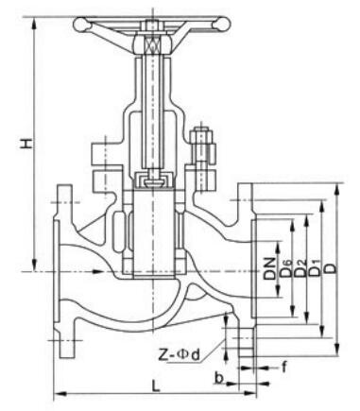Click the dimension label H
[26, 144]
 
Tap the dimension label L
[156, 385]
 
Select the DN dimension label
[269, 268]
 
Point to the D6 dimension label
[286, 268]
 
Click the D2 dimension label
[300, 268]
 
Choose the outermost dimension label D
[331, 268]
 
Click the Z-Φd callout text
[179, 355]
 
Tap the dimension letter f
[284, 367]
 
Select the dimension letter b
[219, 378]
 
